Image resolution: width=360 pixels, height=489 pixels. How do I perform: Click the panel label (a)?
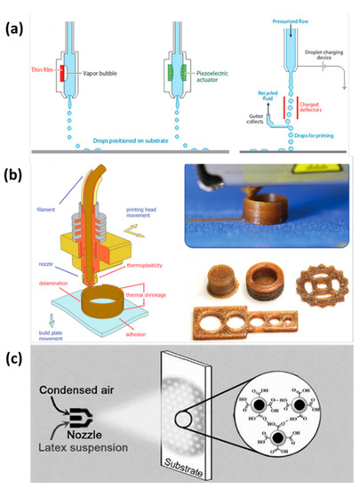click(17, 16)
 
